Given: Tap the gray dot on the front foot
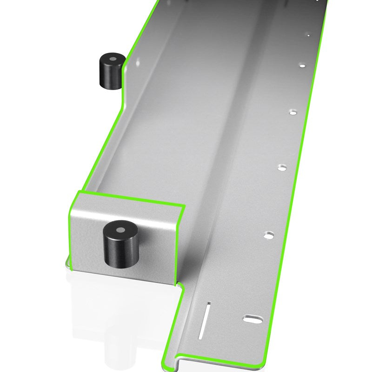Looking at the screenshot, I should coord(120,229).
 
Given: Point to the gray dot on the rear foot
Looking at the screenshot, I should coord(112,60).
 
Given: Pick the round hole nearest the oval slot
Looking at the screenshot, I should coord(269,235).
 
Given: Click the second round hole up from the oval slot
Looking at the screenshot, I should coord(281,167).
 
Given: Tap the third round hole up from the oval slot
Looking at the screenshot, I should coord(292,112).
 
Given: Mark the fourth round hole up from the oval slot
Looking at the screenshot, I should coord(302,66).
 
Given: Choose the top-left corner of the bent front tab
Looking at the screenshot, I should coord(79,191).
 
